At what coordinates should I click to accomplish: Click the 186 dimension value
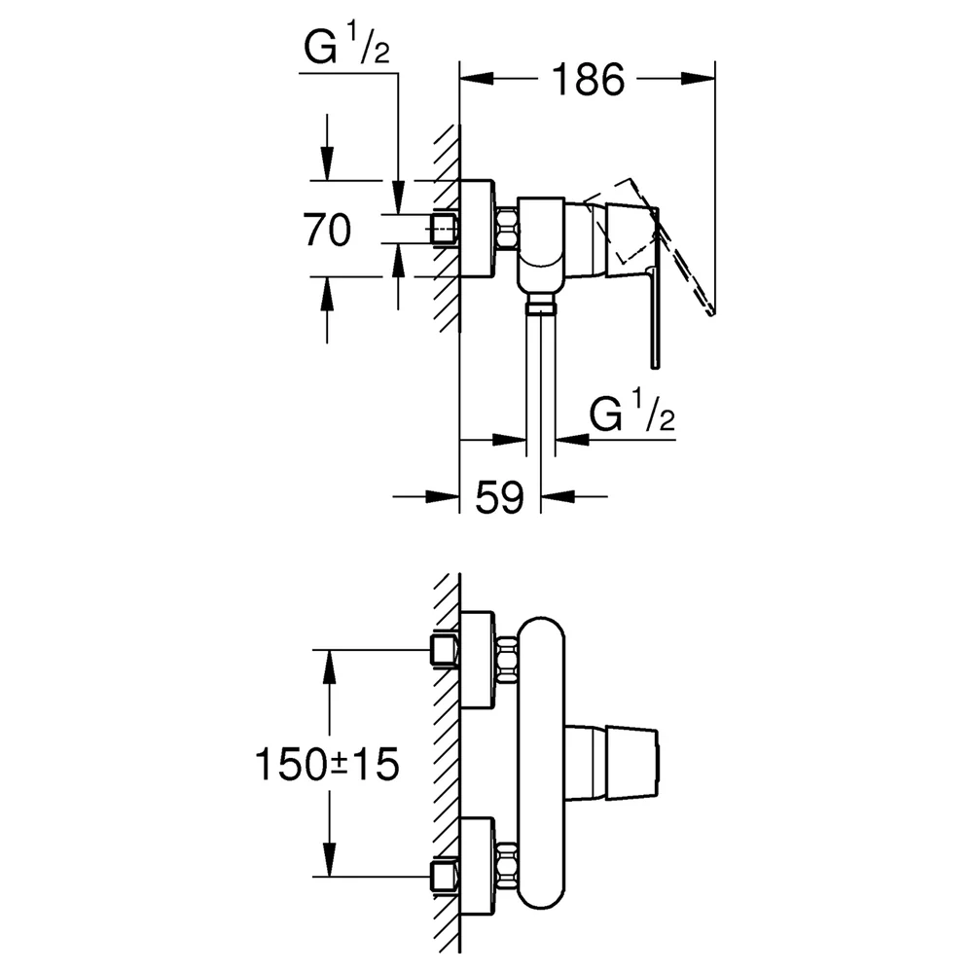[x=588, y=80]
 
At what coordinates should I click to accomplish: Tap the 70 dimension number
[x=327, y=230]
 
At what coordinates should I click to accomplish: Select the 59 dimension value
[x=499, y=496]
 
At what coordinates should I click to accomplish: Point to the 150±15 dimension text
[x=327, y=764]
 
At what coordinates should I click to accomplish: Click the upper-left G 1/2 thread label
[x=347, y=47]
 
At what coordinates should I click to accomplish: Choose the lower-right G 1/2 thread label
[x=631, y=413]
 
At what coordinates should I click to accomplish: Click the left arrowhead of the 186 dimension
[x=477, y=78]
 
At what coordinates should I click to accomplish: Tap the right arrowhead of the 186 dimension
[x=698, y=78]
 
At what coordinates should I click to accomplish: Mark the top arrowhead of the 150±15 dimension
[x=328, y=667]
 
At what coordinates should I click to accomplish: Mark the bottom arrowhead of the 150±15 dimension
[x=328, y=859]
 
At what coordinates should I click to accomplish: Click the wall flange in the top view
[x=477, y=229]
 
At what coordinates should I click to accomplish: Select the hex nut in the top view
[x=507, y=229]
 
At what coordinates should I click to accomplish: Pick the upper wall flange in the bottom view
[x=477, y=660]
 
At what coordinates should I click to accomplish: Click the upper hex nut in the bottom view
[x=508, y=660]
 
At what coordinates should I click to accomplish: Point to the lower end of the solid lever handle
[x=655, y=368]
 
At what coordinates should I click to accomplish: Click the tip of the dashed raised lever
[x=712, y=313]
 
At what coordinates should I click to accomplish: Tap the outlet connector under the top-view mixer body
[x=540, y=306]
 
